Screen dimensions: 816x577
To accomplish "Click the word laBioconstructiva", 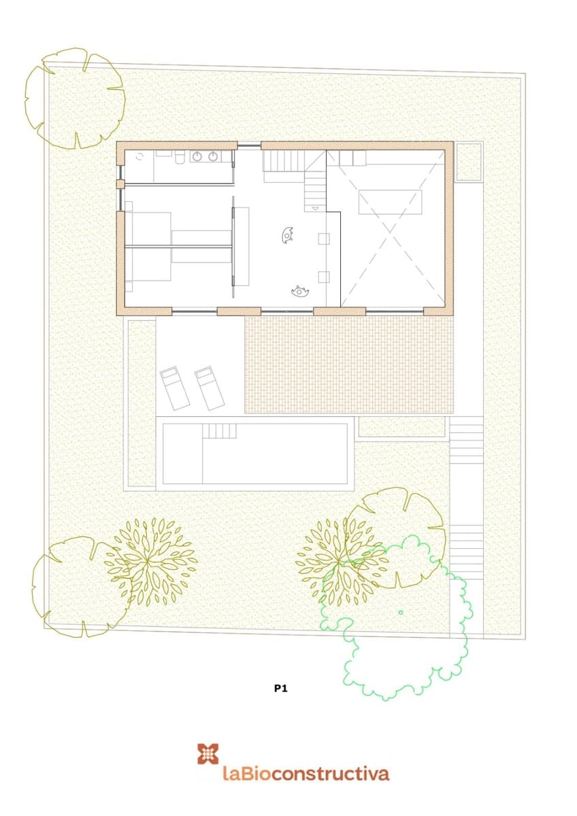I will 306,773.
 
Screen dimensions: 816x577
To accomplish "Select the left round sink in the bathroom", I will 197,157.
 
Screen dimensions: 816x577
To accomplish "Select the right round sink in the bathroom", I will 213,157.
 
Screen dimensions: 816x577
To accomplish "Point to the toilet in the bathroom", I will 180,158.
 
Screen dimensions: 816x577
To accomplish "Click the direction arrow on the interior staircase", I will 315,207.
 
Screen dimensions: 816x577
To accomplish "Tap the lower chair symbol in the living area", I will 300,292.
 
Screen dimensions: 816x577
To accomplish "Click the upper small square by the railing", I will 324,238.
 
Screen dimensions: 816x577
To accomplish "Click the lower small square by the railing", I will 324,276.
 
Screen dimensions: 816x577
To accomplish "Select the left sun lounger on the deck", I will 175,388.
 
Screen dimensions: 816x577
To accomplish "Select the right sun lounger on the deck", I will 210,387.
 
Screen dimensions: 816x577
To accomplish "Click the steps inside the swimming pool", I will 218,430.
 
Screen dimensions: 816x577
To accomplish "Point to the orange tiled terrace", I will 348,365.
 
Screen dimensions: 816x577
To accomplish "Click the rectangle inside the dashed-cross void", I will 390,202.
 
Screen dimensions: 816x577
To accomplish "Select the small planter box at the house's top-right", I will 468,161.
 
